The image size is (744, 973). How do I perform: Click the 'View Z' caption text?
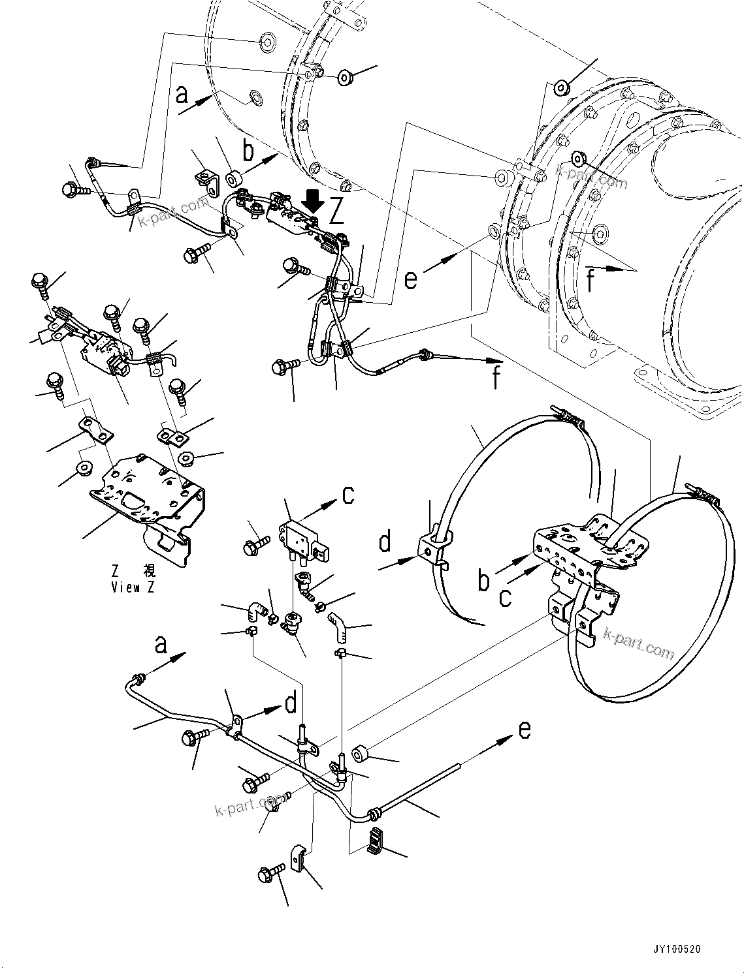[x=133, y=587]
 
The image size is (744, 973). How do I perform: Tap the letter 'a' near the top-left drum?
[x=182, y=95]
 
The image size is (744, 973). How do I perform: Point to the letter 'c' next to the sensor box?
[x=348, y=494]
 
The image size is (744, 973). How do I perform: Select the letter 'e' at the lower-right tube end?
[x=525, y=730]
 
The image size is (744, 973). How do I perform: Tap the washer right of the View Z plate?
[x=186, y=459]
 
